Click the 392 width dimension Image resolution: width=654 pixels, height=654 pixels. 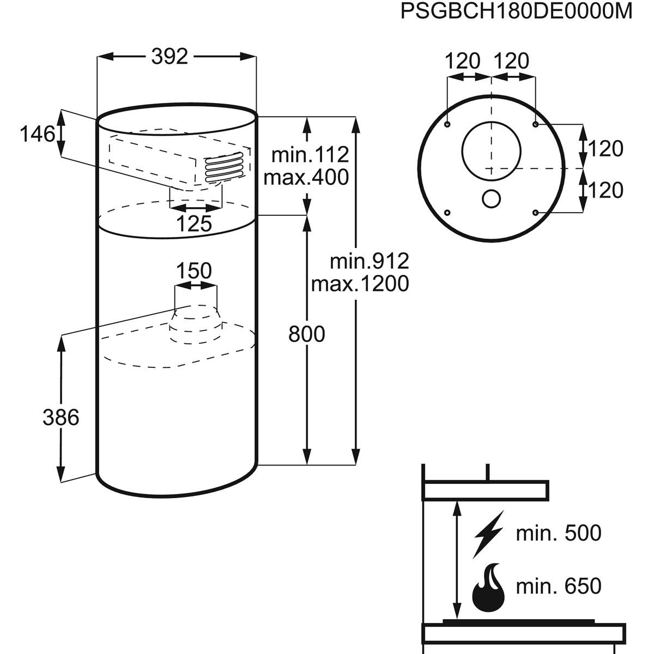[x=169, y=56]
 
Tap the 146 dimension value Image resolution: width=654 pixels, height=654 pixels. [x=38, y=134]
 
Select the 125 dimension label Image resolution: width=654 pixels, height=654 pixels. [x=195, y=223]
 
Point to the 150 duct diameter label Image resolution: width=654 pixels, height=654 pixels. [x=195, y=271]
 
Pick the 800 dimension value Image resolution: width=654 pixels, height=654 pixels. [x=306, y=334]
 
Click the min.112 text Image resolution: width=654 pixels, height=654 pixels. [x=310, y=155]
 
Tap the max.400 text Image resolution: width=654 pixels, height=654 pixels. [x=306, y=177]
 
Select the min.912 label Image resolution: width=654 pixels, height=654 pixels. [x=369, y=262]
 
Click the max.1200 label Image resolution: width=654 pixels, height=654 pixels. [x=360, y=284]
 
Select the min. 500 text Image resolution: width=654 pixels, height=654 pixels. [x=559, y=533]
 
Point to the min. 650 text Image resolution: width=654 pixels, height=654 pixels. [x=559, y=586]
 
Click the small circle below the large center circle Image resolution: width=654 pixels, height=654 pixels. [x=491, y=199]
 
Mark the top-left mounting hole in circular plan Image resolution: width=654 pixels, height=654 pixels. [x=447, y=125]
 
